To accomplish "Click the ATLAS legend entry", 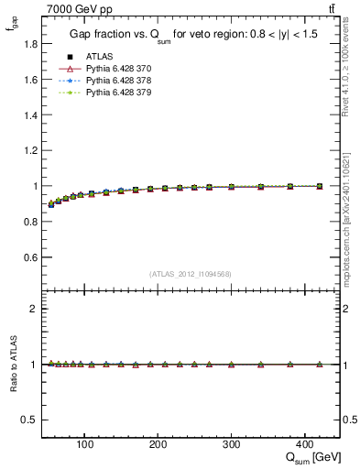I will [97, 56].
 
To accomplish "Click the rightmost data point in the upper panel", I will [319, 186].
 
